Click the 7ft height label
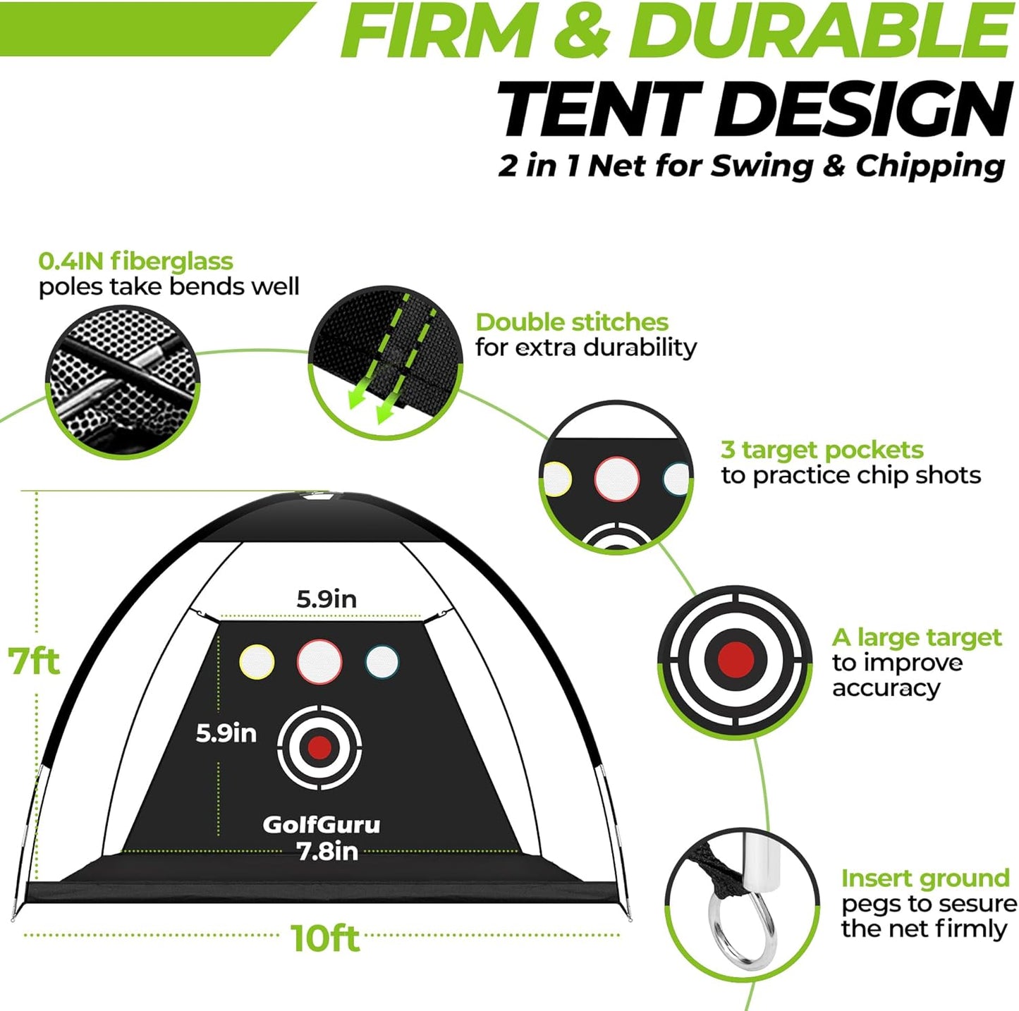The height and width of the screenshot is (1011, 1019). click(34, 661)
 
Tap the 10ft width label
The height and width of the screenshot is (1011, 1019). click(325, 938)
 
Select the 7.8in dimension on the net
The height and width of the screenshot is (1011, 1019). click(327, 852)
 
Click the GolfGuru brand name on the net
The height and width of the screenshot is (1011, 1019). click(321, 824)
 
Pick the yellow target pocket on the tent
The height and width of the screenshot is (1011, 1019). click(256, 662)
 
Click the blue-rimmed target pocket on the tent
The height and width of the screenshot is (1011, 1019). click(382, 661)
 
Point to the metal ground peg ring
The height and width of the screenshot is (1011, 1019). click(742, 926)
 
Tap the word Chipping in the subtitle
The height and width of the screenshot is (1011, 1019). click(930, 166)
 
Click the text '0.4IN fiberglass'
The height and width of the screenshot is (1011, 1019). click(135, 262)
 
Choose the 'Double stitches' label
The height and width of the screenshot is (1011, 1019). click(571, 322)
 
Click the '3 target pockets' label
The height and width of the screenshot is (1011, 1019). click(822, 450)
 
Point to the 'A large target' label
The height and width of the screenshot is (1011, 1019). click(916, 637)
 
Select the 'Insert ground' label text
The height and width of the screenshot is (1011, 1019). click(925, 878)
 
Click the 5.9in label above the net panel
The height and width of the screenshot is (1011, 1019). click(327, 599)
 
